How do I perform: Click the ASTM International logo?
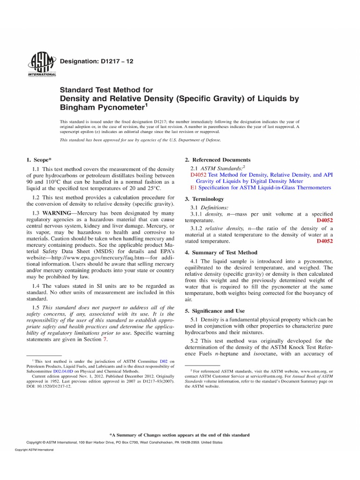point(42,64)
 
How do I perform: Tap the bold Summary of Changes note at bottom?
point(180,435)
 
